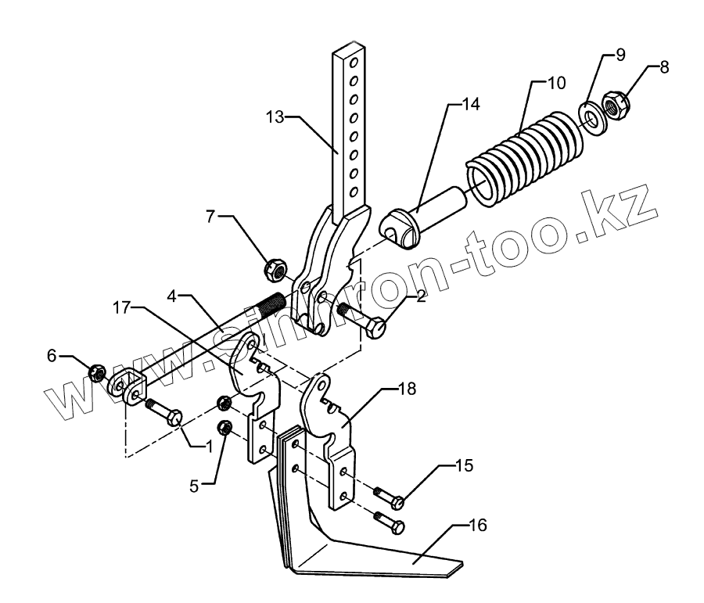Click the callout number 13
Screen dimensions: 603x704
pyautogui.click(x=275, y=118)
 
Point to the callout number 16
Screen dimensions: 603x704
pyautogui.click(x=477, y=526)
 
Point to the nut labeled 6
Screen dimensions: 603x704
pyautogui.click(x=97, y=373)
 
